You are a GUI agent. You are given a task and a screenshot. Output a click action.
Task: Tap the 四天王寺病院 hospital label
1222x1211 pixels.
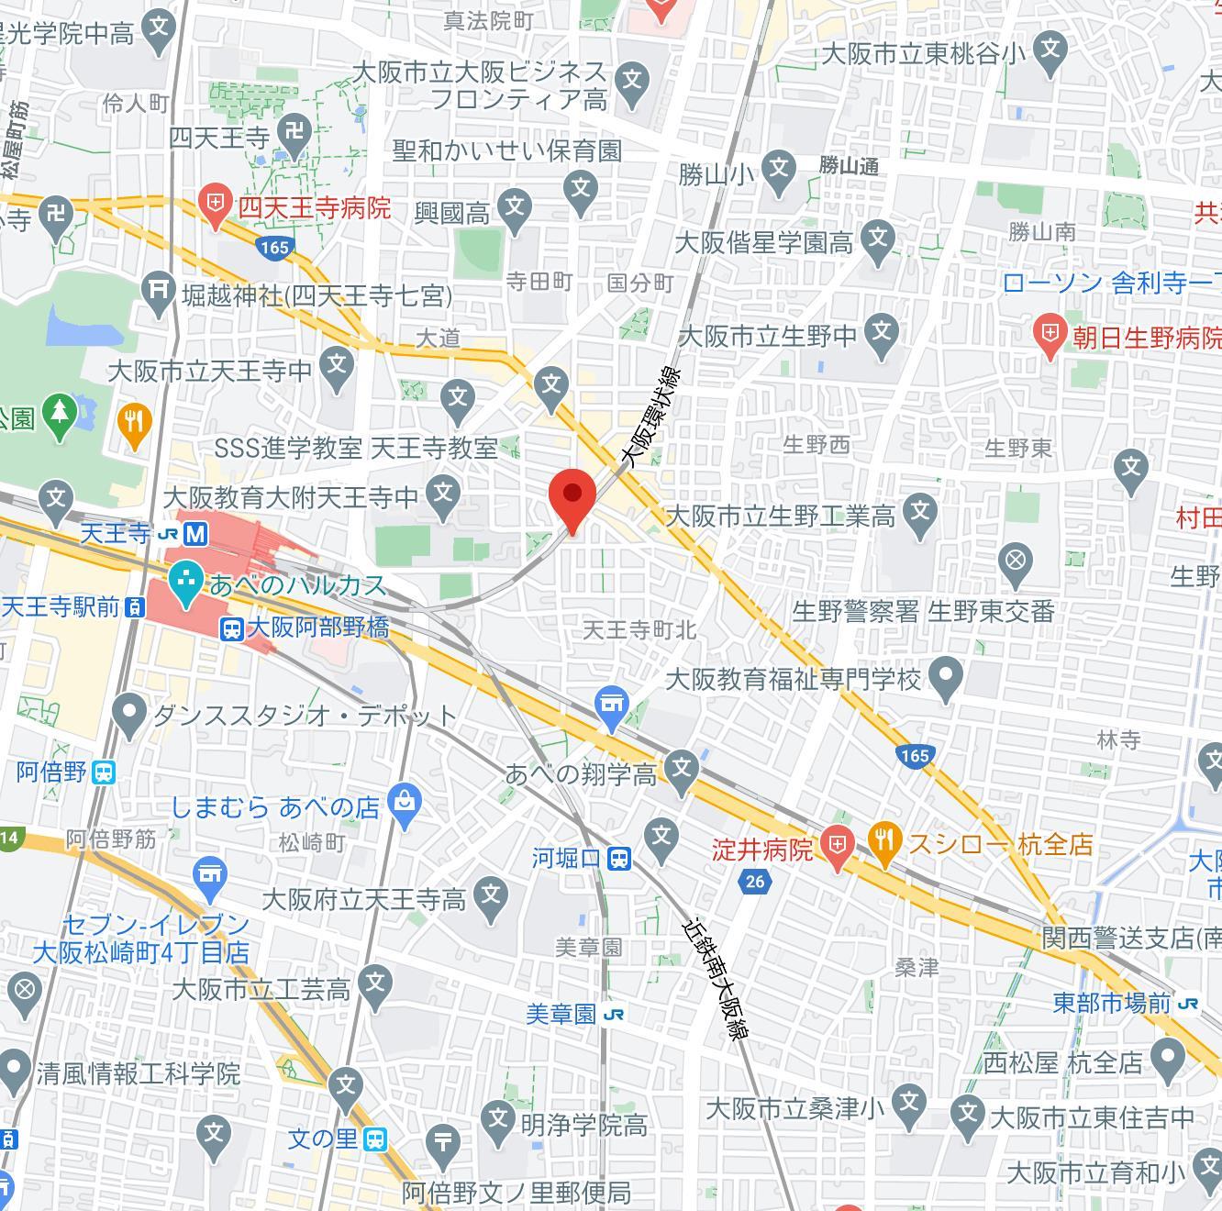pos(314,208)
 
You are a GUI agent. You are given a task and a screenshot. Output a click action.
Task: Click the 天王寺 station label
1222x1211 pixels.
pos(116,533)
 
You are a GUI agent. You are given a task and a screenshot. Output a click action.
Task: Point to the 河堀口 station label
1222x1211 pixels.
pos(566,859)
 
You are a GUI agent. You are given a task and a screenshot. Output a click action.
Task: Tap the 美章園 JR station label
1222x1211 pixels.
pos(561,1014)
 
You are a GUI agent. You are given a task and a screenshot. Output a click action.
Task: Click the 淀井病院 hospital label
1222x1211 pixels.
pos(762,849)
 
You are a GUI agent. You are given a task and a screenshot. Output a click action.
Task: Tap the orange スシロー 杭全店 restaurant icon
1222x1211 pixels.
pos(884,843)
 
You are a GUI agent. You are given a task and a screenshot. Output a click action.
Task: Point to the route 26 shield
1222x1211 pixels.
pos(754,882)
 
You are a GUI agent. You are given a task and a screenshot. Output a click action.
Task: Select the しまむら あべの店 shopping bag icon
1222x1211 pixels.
pos(404,801)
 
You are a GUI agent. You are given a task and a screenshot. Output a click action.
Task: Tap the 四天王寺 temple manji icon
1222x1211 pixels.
pos(295,129)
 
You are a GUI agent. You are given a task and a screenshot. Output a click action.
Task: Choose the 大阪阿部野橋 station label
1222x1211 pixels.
pos(317,628)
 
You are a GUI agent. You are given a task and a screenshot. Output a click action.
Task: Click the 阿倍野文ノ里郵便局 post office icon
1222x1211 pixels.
pos(443,1140)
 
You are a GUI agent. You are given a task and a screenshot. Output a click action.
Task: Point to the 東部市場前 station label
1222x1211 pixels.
pos(1111,1003)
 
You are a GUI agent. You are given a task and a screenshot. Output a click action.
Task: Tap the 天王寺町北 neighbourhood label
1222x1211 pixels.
pos(640,630)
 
